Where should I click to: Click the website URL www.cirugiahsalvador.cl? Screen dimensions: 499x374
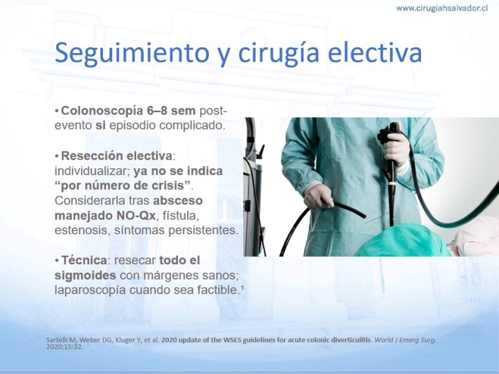(442, 8)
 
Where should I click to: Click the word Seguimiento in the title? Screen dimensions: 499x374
(132, 52)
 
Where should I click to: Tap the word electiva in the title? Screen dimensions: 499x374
(375, 52)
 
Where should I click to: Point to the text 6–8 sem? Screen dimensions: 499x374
(171, 111)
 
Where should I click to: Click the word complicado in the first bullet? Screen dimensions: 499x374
(192, 126)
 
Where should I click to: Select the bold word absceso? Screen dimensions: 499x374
(178, 201)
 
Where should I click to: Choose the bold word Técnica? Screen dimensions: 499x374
(84, 260)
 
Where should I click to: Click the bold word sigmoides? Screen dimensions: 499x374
(85, 276)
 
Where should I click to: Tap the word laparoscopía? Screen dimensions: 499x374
(90, 290)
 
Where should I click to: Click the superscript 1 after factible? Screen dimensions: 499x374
(242, 287)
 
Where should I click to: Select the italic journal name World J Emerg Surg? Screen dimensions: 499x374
(405, 340)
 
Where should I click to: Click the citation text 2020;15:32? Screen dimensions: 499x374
(65, 347)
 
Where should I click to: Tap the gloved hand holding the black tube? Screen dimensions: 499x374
(319, 196)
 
